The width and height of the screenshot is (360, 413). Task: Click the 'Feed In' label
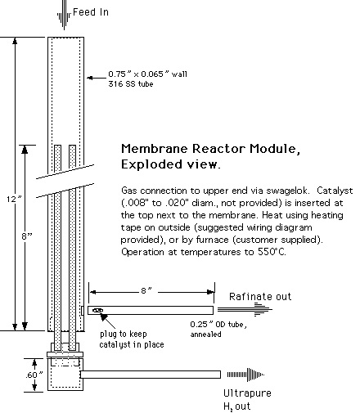pyautogui.click(x=91, y=12)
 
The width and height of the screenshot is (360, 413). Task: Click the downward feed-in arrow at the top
pyautogui.click(x=64, y=15)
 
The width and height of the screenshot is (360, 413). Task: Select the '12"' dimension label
pyautogui.click(x=14, y=199)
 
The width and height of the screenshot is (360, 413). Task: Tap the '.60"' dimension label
pyautogui.click(x=34, y=375)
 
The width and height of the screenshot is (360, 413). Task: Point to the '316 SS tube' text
pyautogui.click(x=131, y=83)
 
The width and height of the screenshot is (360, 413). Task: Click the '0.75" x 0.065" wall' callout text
pyautogui.click(x=147, y=74)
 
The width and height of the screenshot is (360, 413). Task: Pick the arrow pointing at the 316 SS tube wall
pyautogui.click(x=97, y=78)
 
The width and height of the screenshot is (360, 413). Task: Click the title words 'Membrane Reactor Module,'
pyautogui.click(x=210, y=149)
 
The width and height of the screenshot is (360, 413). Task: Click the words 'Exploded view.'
pyautogui.click(x=170, y=164)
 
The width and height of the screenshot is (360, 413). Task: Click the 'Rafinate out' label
pyautogui.click(x=260, y=296)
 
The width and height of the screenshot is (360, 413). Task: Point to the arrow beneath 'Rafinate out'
pyautogui.click(x=245, y=309)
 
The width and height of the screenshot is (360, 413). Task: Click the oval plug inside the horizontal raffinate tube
pyautogui.click(x=97, y=310)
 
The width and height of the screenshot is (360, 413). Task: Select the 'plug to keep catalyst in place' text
pyautogui.click(x=132, y=339)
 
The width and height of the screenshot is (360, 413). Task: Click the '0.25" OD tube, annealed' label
pyautogui.click(x=218, y=330)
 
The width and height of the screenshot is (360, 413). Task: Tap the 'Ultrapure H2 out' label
pyautogui.click(x=247, y=400)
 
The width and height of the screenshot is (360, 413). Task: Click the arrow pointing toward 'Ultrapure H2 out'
pyautogui.click(x=245, y=375)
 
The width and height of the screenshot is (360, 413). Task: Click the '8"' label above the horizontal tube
pyautogui.click(x=146, y=291)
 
